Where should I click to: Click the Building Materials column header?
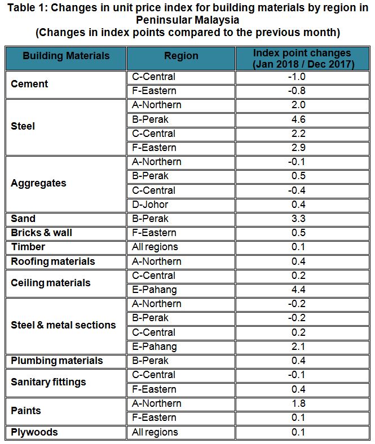[x=66, y=56]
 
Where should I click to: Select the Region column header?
[x=181, y=56]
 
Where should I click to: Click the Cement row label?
[x=29, y=84]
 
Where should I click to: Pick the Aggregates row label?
[x=38, y=183]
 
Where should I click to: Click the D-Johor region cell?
[x=149, y=205]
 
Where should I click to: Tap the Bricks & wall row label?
[x=42, y=233]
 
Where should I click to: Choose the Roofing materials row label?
[x=53, y=261]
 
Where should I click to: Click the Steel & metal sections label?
[x=63, y=325]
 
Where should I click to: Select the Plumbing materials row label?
[x=57, y=361]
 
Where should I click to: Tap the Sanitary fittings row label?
[x=48, y=382]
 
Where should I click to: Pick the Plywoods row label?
[x=34, y=432]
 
